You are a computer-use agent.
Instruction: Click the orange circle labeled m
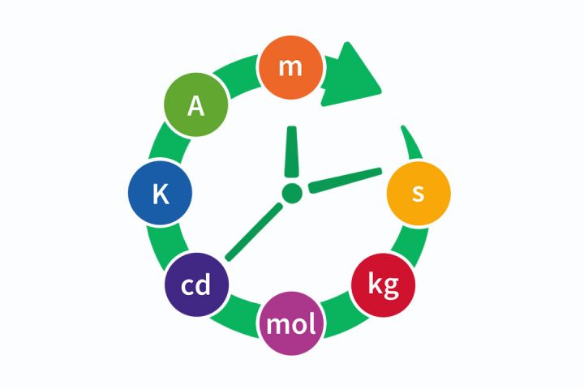point(290,67)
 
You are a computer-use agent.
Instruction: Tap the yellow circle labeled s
point(419,193)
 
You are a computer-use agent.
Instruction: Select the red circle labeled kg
point(383,285)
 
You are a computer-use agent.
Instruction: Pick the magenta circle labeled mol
point(291,323)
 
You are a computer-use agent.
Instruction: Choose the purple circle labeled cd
point(196,284)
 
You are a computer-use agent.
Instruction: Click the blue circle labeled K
point(160,193)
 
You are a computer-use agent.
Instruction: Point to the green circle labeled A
point(196,105)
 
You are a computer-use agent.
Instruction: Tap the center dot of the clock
point(292,193)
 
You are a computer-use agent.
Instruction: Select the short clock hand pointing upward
point(292,152)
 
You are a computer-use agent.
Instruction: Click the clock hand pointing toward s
point(346,181)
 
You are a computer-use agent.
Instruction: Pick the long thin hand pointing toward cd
point(255,232)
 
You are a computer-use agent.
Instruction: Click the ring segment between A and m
point(238,75)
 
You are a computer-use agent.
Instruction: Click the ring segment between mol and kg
point(345,315)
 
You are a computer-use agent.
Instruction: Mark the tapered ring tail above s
point(412,144)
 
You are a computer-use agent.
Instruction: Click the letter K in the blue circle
point(161,194)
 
